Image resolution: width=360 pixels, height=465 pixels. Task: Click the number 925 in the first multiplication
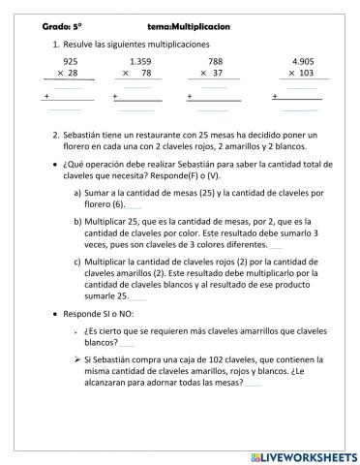[x=70, y=61]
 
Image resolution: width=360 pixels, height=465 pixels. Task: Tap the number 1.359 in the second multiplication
[x=140, y=61]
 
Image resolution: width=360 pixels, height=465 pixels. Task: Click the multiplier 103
[x=306, y=73]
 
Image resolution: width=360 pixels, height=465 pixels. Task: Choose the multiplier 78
[x=146, y=73]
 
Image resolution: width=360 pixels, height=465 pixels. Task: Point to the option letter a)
[x=77, y=193]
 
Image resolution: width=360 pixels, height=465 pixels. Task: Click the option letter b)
[x=77, y=222]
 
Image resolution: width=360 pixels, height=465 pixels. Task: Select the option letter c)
[x=77, y=261]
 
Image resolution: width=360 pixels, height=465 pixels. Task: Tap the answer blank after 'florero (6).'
[x=135, y=205]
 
